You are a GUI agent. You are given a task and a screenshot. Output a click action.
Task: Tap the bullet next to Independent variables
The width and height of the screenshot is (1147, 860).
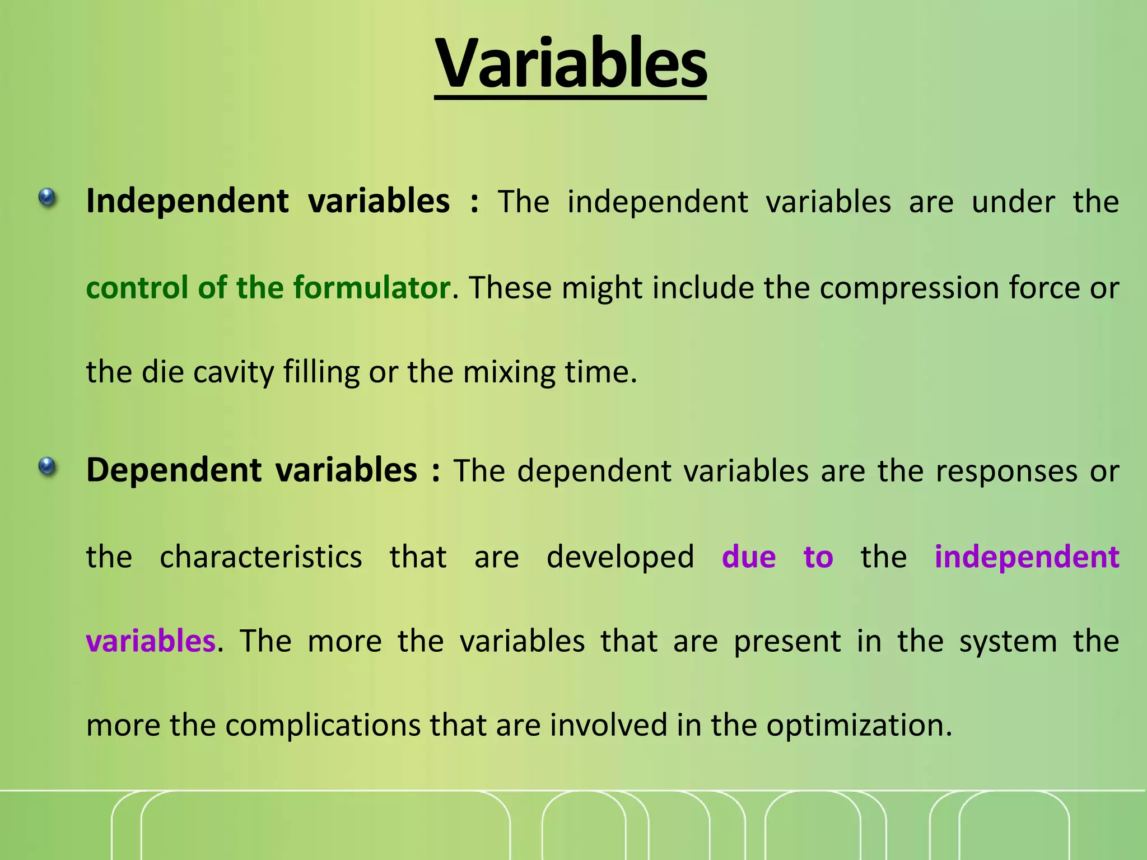pyautogui.click(x=48, y=198)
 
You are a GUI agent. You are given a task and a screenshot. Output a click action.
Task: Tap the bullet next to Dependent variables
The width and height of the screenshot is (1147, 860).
pyautogui.click(x=48, y=466)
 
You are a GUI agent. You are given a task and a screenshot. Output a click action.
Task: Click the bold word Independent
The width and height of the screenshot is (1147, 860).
pyautogui.click(x=187, y=202)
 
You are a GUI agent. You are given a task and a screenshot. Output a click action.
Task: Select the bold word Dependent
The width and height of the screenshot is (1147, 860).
pyautogui.click(x=174, y=470)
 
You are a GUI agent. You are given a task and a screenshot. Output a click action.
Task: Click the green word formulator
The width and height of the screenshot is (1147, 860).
pyautogui.click(x=371, y=288)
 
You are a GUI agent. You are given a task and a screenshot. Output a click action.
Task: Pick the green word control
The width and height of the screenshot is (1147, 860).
pyautogui.click(x=137, y=288)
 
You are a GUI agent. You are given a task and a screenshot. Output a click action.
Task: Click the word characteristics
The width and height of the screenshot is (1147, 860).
pyautogui.click(x=260, y=557)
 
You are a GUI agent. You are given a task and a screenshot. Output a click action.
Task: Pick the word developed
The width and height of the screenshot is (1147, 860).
pyautogui.click(x=620, y=557)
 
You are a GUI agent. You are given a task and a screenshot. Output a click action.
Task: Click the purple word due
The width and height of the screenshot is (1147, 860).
pyautogui.click(x=748, y=557)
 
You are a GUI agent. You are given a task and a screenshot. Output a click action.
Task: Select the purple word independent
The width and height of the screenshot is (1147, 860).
pyautogui.click(x=1027, y=557)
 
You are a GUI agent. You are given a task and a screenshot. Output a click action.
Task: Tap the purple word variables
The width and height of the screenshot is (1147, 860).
pyautogui.click(x=150, y=641)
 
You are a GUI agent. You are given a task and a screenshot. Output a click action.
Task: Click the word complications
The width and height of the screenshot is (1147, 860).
pyautogui.click(x=323, y=726)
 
